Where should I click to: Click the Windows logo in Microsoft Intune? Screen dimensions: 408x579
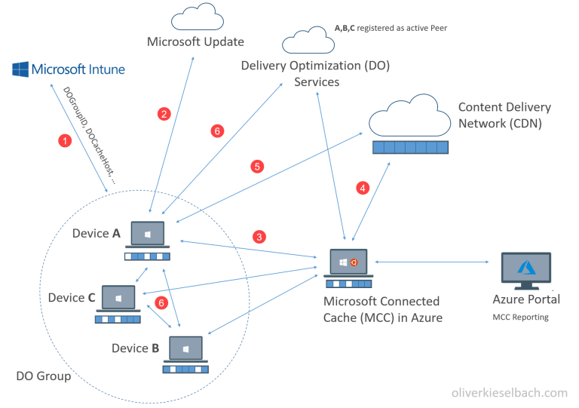pyautogui.click(x=20, y=70)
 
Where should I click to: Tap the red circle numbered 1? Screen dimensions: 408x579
pyautogui.click(x=66, y=141)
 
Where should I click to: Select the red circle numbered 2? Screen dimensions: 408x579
pyautogui.click(x=163, y=114)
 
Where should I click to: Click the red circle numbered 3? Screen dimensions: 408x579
pyautogui.click(x=259, y=237)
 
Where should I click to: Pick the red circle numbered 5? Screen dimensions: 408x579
pyautogui.click(x=257, y=165)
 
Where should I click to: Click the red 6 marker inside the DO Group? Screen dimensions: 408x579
pyautogui.click(x=159, y=303)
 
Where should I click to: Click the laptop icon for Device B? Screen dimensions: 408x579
pyautogui.click(x=185, y=349)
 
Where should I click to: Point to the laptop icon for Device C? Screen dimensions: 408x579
pyautogui.click(x=118, y=299)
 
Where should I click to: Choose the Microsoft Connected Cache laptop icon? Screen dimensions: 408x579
pyautogui.click(x=348, y=264)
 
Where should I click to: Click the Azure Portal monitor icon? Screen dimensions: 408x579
pyautogui.click(x=526, y=269)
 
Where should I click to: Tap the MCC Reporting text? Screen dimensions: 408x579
pyautogui.click(x=521, y=317)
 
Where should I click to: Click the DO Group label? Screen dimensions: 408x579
pyautogui.click(x=44, y=376)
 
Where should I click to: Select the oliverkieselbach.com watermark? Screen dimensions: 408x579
pyautogui.click(x=509, y=392)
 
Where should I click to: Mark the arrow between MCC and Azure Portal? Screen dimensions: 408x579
pyautogui.click(x=433, y=262)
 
